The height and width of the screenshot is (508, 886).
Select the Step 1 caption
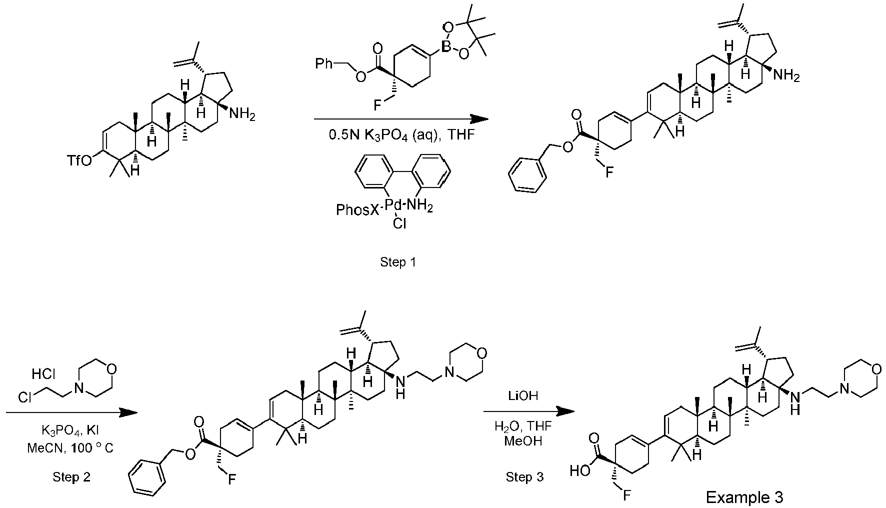click(x=398, y=261)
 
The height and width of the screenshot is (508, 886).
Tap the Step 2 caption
click(x=71, y=477)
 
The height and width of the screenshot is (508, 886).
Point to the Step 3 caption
click(x=524, y=477)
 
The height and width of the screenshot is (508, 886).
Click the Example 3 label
click(x=744, y=497)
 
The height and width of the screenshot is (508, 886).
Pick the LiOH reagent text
click(x=524, y=396)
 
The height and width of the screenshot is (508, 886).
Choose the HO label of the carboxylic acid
click(x=580, y=470)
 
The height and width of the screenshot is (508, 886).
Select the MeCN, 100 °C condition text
click(x=70, y=448)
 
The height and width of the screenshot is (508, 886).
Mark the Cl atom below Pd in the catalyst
click(x=399, y=224)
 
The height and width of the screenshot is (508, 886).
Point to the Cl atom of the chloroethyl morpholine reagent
click(x=25, y=397)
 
